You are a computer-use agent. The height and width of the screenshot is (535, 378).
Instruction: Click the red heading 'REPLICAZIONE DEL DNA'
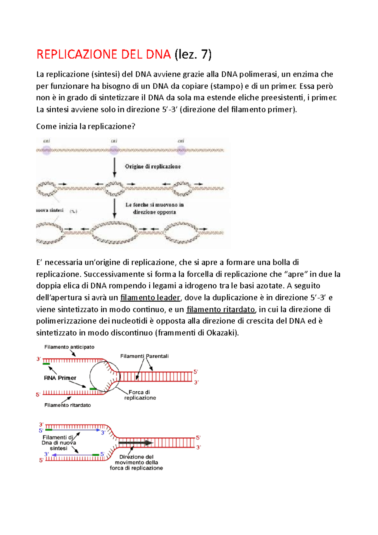pyautogui.click(x=103, y=55)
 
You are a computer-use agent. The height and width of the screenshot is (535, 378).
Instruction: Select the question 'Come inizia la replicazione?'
pyautogui.click(x=86, y=126)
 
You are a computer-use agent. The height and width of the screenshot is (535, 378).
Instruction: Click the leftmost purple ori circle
pyautogui.click(x=47, y=150)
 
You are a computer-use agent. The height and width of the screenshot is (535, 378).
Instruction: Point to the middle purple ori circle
pyautogui.click(x=114, y=150)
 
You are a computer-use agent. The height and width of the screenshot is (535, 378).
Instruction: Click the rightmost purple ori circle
pyautogui.click(x=181, y=150)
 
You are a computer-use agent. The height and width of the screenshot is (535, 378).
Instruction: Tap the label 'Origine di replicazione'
pyautogui.click(x=153, y=166)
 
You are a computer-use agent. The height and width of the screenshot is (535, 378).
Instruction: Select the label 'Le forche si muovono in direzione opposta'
pyautogui.click(x=154, y=208)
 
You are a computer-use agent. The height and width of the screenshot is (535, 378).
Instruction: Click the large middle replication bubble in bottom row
pyautogui.click(x=114, y=233)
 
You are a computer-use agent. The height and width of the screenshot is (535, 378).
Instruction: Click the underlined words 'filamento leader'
pyautogui.click(x=150, y=297)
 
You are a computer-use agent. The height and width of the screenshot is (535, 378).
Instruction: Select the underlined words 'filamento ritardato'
pyautogui.click(x=221, y=309)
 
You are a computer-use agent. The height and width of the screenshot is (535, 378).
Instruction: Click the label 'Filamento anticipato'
pyautogui.click(x=69, y=347)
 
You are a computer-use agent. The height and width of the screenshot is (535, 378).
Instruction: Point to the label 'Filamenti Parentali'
pyautogui.click(x=144, y=356)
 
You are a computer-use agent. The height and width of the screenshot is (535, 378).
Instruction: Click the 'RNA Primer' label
pyautogui.click(x=60, y=378)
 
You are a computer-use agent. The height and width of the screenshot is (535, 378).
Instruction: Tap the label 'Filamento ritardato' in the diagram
pyautogui.click(x=67, y=405)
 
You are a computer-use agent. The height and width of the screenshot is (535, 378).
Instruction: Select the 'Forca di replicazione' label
pyautogui.click(x=140, y=395)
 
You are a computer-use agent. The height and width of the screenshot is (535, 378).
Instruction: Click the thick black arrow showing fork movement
pyautogui.click(x=135, y=443)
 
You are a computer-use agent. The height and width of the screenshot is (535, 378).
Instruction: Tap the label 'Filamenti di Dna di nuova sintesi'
pyautogui.click(x=59, y=443)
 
